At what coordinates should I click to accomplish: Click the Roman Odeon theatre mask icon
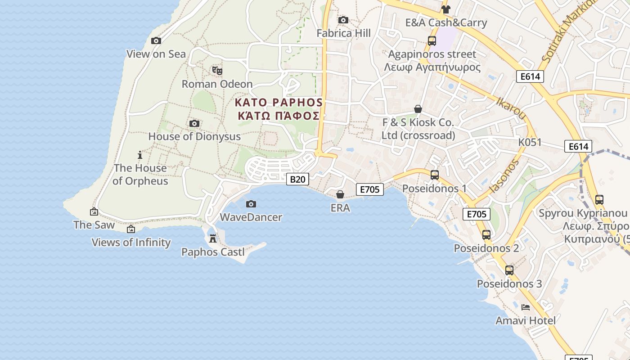217,70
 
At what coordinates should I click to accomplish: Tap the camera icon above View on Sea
156,41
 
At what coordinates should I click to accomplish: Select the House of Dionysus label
194,136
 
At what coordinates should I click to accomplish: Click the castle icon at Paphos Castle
213,238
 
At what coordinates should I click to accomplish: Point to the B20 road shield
297,179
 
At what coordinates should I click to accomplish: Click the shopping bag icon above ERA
340,194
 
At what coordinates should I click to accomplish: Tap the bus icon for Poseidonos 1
435,175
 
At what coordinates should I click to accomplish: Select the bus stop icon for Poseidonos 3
509,270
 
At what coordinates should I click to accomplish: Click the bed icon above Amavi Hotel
525,307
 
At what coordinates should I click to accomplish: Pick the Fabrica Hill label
344,33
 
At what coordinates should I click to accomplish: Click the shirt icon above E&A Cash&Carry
446,9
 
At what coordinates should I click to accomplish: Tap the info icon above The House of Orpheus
140,155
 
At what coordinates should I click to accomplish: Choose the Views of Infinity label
131,243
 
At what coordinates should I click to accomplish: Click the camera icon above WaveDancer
251,204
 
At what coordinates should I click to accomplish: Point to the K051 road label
530,143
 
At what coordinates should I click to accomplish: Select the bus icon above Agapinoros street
432,41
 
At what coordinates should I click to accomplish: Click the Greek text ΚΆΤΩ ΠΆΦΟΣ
279,116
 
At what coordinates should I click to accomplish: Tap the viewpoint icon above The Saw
94,211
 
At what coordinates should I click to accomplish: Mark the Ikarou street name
511,108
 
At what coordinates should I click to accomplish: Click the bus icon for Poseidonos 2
486,235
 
